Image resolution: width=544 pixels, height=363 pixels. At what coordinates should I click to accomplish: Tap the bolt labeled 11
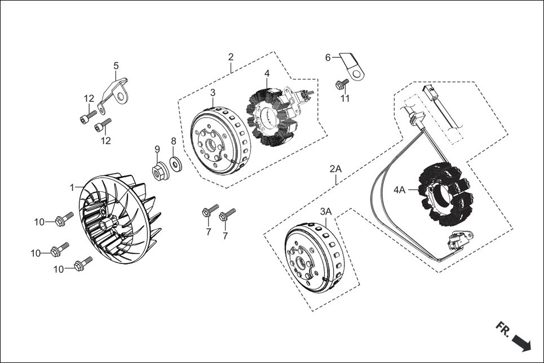point(342,85)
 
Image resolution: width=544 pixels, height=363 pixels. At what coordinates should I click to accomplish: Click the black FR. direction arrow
point(521,343)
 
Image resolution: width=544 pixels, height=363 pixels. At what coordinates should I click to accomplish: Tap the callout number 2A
point(335,168)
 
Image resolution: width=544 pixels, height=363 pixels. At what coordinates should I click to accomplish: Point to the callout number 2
point(231,57)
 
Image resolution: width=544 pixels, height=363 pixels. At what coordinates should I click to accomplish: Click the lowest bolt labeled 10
point(82,264)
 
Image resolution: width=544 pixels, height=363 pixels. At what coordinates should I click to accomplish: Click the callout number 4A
point(399,190)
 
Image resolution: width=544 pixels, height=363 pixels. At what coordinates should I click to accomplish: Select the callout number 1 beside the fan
point(72,187)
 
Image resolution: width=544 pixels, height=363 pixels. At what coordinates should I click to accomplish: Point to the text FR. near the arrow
point(503,330)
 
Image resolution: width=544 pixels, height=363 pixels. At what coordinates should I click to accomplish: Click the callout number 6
point(328,57)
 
